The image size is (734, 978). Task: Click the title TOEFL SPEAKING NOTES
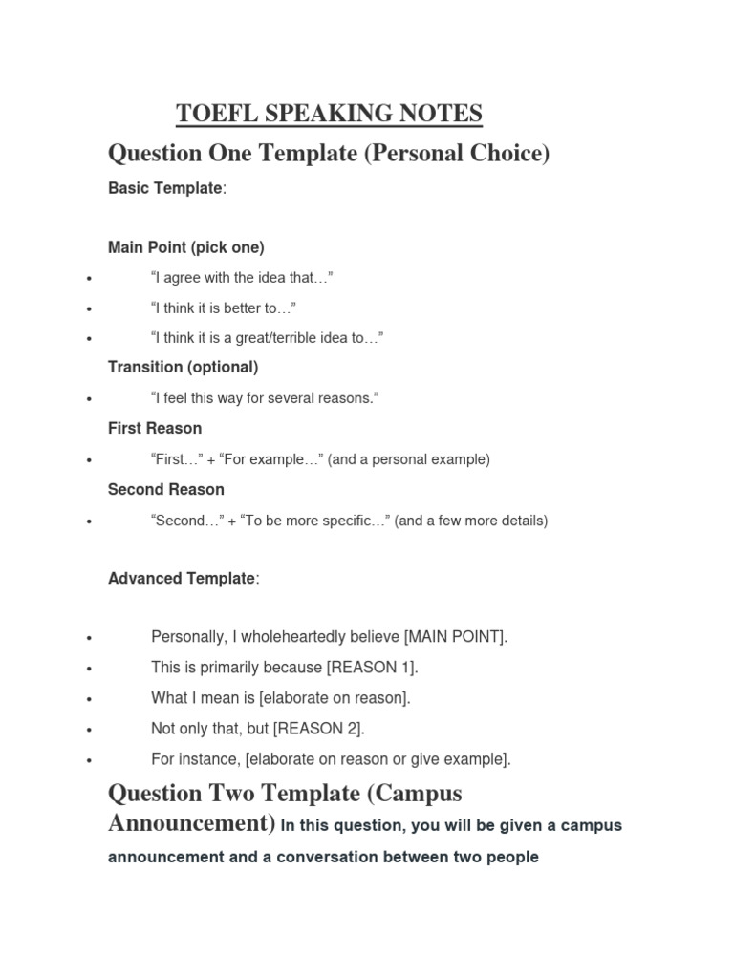[329, 115]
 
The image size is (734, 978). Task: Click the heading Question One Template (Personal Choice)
[329, 153]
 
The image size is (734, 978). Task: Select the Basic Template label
[166, 188]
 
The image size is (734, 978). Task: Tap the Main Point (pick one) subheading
[186, 247]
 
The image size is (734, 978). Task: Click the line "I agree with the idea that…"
[242, 278]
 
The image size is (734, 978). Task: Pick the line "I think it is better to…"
[224, 308]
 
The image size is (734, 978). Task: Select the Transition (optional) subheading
[183, 367]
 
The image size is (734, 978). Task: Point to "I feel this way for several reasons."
[265, 397]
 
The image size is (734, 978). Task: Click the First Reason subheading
[155, 428]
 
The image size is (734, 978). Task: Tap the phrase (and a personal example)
[409, 459]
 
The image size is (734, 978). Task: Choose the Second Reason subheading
[166, 489]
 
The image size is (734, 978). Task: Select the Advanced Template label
[183, 578]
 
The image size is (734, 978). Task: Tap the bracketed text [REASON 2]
[318, 729]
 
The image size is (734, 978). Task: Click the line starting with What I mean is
[281, 698]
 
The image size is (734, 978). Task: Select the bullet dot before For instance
[88, 761]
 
